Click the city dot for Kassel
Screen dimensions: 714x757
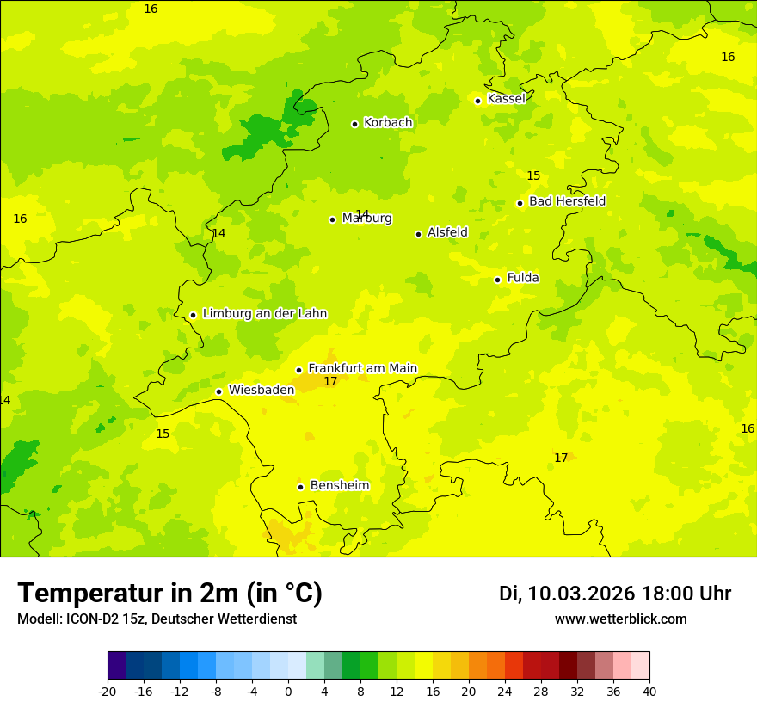click(478, 101)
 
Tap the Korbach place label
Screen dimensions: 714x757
click(388, 123)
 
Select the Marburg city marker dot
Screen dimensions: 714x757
click(332, 219)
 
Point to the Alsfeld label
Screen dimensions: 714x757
click(447, 232)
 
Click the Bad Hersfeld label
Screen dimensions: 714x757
click(567, 201)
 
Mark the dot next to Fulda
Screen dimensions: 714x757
click(497, 280)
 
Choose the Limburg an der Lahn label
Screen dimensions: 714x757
click(264, 314)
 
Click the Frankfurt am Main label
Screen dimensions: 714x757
click(362, 368)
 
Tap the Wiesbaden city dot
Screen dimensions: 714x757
click(218, 392)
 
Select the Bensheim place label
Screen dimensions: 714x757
click(339, 485)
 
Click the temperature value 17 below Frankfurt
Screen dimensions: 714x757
click(330, 381)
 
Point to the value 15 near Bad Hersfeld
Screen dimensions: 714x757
click(533, 176)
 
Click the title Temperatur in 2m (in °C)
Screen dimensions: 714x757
click(169, 593)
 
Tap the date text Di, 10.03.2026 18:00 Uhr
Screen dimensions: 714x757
click(615, 594)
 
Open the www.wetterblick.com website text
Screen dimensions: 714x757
click(620, 619)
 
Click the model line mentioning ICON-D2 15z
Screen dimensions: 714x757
click(157, 619)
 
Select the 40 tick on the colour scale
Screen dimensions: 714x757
click(649, 691)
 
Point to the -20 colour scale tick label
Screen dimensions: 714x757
click(108, 691)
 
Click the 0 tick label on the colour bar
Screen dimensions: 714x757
click(288, 691)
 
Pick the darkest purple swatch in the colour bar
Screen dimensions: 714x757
click(116, 666)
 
